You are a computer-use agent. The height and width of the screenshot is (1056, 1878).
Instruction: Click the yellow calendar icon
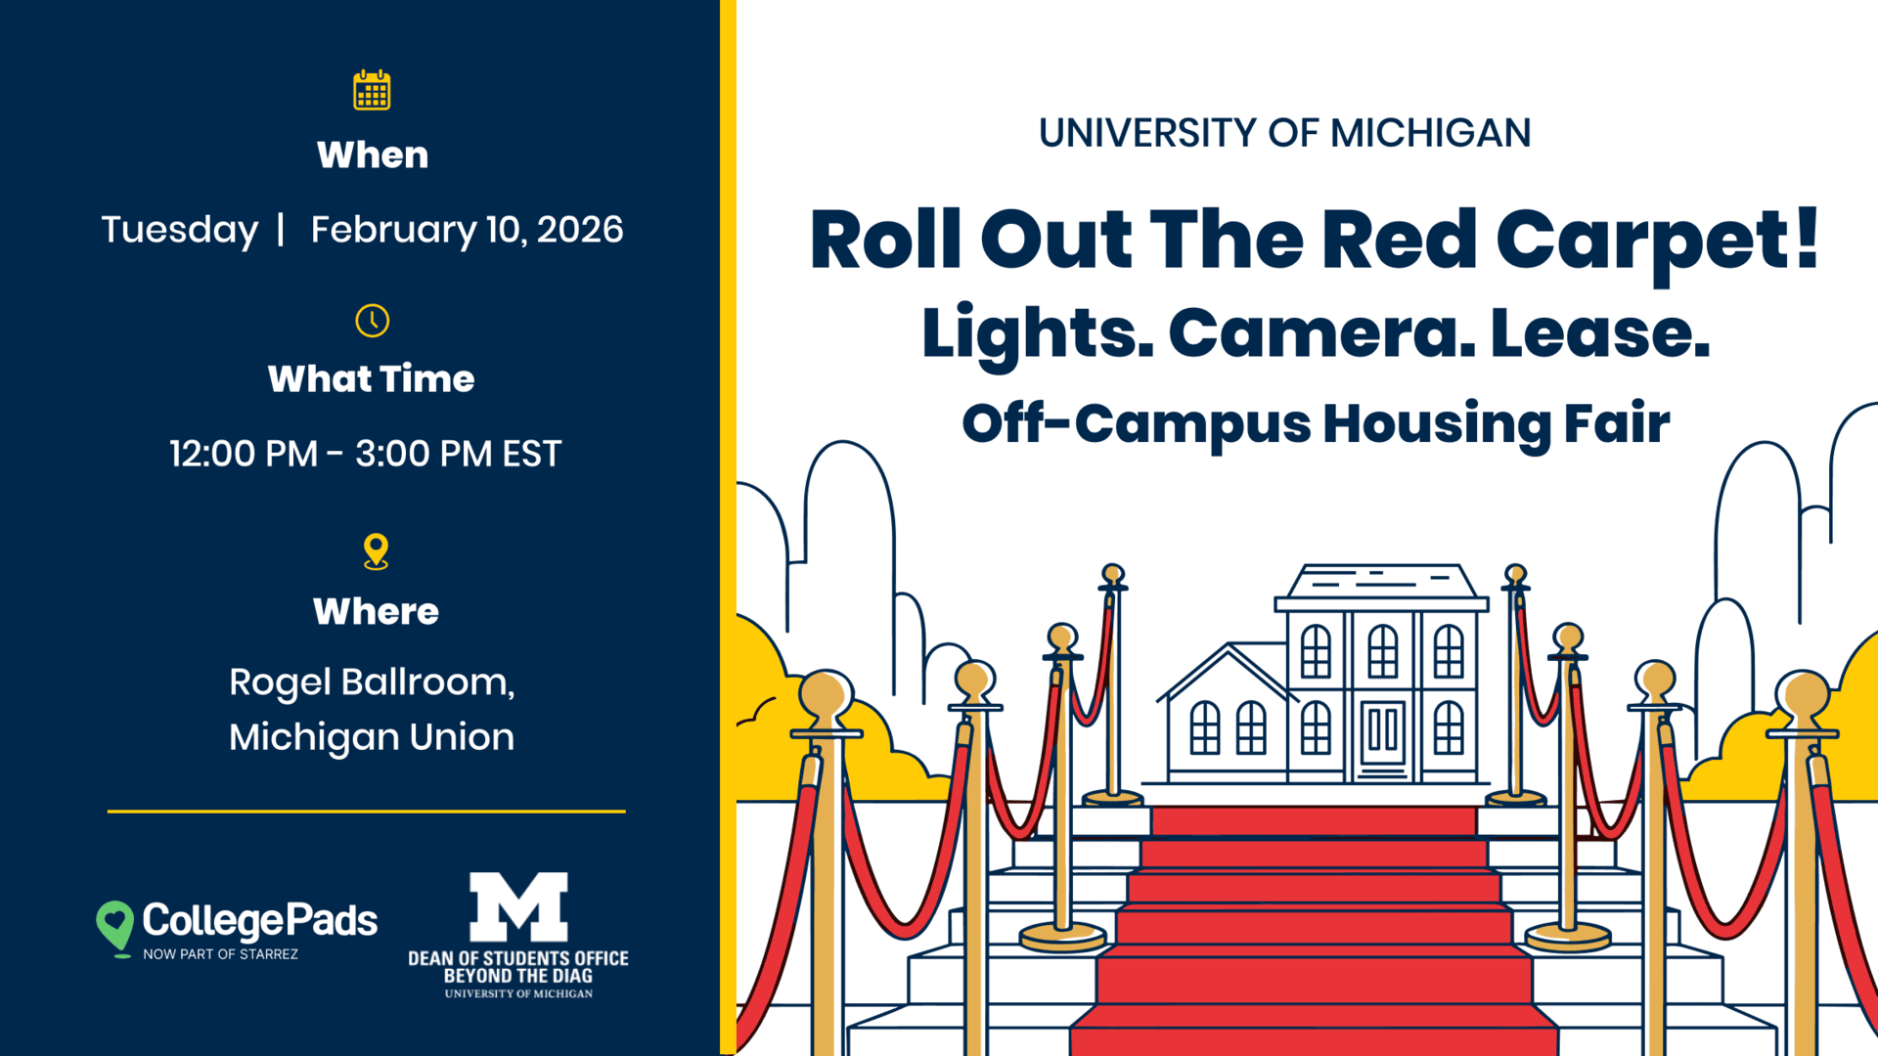pos(372,90)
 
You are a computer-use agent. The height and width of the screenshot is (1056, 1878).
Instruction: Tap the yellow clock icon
pos(372,321)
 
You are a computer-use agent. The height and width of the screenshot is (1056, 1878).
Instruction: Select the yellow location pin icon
pos(376,551)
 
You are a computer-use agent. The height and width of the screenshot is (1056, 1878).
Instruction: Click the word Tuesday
pos(180,230)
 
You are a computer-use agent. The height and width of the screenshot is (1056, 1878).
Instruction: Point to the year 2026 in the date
pos(580,230)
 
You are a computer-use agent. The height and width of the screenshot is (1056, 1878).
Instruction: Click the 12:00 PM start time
pos(244,454)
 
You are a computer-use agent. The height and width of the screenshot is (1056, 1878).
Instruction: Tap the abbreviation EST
pos(531,454)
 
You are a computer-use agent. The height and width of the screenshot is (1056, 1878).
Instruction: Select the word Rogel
pos(280,682)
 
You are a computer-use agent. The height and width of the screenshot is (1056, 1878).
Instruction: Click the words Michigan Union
pos(372,737)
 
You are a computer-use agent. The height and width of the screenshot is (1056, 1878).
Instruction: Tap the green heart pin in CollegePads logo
pos(115,925)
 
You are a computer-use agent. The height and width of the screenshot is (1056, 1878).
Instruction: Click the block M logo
pos(518,906)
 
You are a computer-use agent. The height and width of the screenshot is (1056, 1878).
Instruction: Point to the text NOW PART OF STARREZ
pos(221,954)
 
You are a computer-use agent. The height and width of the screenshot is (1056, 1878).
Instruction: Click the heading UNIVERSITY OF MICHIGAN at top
pos(1285,133)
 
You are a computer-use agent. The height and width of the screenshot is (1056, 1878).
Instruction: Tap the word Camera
pos(1321,332)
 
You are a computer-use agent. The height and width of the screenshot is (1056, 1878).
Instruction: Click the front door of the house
pos(1382,733)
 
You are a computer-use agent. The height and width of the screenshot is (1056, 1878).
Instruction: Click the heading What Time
pos(372,378)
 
